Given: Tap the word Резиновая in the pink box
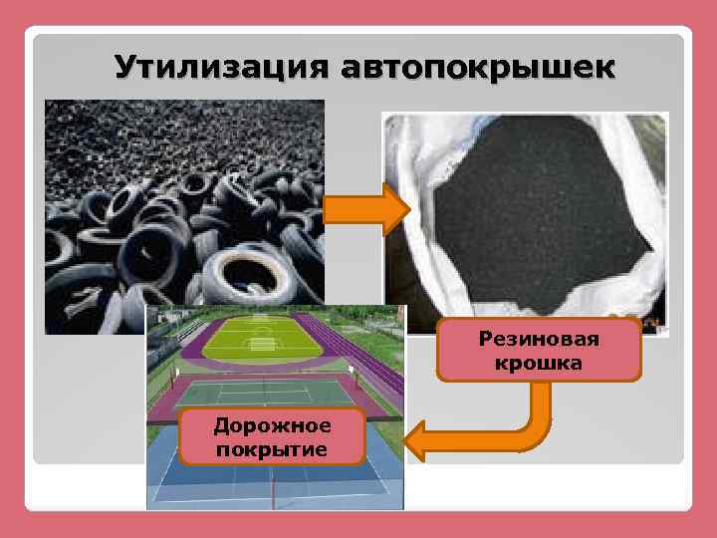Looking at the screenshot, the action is [x=538, y=340].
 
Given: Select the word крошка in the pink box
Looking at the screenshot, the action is [x=538, y=363].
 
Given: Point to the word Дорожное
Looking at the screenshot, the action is [x=272, y=426].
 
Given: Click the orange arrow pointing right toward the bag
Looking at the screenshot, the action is [x=366, y=210].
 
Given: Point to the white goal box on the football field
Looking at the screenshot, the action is [x=263, y=345].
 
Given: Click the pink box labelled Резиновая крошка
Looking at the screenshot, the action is [x=538, y=351].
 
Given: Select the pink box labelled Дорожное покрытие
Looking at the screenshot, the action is [x=272, y=437].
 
